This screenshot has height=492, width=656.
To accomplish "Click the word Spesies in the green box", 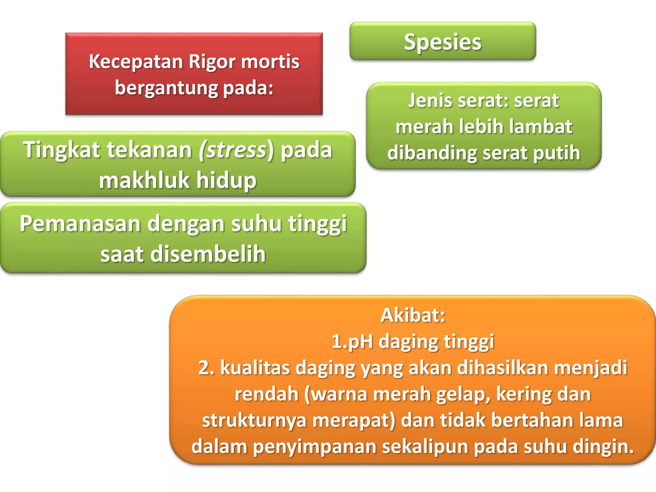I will pyautogui.click(x=442, y=42).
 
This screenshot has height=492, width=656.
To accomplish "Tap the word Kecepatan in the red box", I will pyautogui.click(x=136, y=61).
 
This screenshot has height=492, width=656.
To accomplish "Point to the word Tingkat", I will pyautogui.click(x=61, y=150).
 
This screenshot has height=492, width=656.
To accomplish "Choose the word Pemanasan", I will pyautogui.click(x=80, y=224).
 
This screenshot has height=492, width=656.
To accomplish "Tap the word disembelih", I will pyautogui.click(x=208, y=254).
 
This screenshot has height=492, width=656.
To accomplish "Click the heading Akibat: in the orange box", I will pyautogui.click(x=413, y=315).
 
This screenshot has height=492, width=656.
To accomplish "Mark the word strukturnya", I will pyautogui.click(x=255, y=420).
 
